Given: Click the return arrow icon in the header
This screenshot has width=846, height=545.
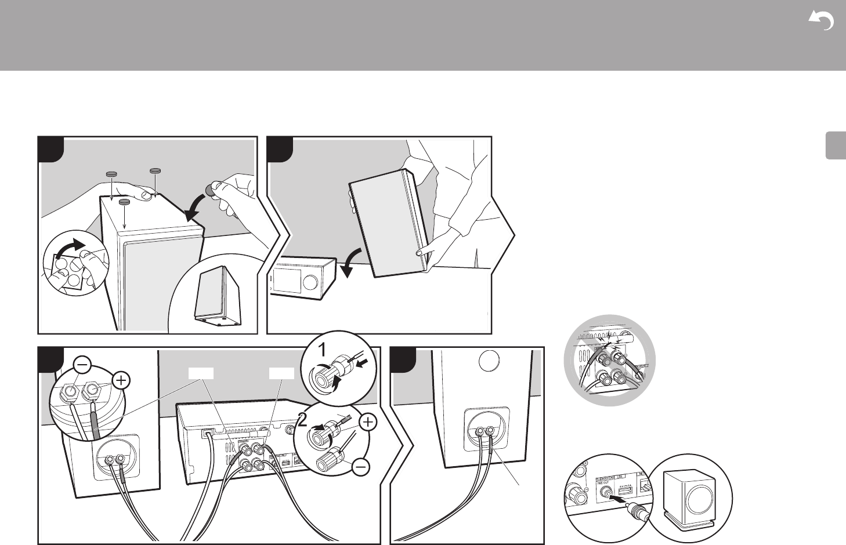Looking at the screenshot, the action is coord(821,22).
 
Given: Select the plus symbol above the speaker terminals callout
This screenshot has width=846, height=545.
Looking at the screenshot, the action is coord(121,380).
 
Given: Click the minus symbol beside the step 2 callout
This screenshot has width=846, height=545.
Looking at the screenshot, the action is coord(360,467).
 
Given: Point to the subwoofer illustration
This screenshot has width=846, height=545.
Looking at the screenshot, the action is coord(690,493).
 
